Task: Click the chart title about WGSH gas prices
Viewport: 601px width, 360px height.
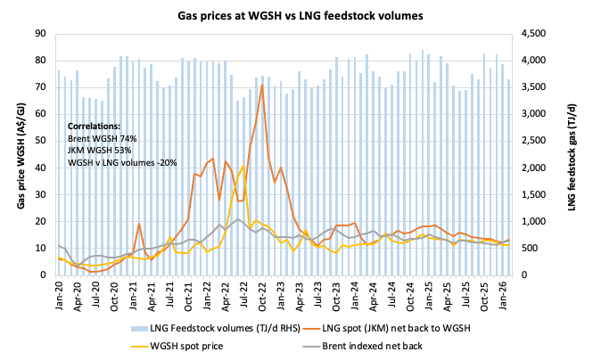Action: click(x=300, y=16)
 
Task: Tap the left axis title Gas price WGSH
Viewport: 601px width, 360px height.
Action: click(x=20, y=153)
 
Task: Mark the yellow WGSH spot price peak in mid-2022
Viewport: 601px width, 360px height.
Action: click(x=243, y=166)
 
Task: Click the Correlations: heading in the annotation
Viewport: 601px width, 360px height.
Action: click(x=95, y=127)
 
